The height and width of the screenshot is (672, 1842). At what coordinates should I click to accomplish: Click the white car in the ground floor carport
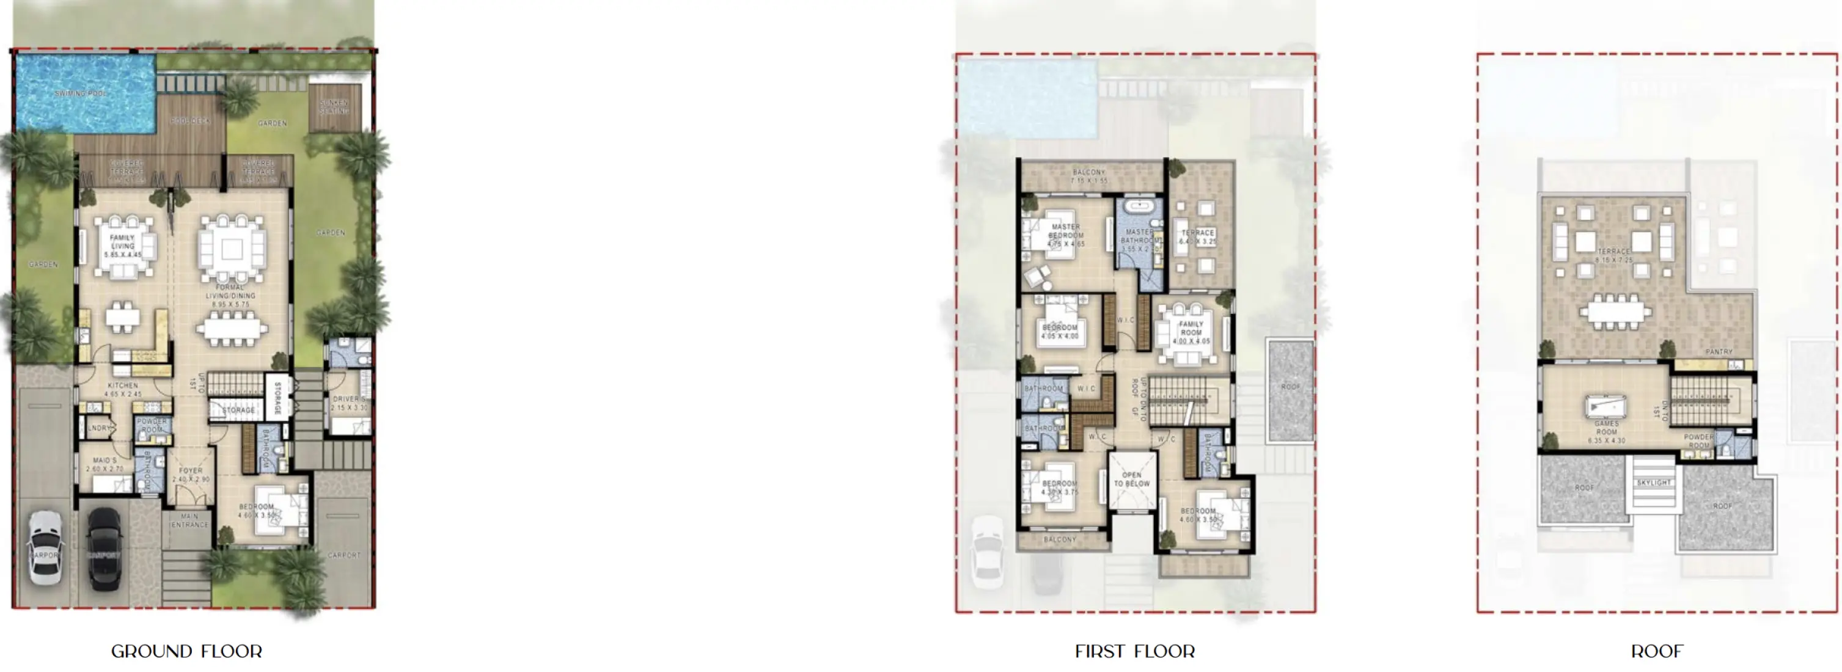[45, 547]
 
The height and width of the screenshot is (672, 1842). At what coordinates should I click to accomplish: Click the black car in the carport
[105, 547]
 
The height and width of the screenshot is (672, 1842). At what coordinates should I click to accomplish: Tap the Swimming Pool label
[80, 93]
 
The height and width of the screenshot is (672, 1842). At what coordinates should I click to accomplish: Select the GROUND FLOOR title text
[186, 651]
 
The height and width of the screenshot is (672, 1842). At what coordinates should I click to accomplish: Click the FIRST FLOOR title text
[1135, 651]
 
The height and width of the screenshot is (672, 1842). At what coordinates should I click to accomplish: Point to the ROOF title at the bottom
[1657, 651]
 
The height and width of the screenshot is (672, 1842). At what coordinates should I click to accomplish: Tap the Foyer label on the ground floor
[190, 475]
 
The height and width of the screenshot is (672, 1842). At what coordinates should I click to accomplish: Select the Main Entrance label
[189, 520]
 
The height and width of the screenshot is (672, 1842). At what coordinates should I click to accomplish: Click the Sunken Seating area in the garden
[334, 108]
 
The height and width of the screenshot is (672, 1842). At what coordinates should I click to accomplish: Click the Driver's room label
[349, 403]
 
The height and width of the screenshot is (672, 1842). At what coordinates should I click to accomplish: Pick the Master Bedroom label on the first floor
[1065, 235]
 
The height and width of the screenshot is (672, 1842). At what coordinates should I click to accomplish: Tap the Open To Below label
[1131, 479]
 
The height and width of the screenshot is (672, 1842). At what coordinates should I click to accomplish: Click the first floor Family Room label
[1191, 332]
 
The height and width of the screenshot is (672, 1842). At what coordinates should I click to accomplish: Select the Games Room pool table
[1605, 407]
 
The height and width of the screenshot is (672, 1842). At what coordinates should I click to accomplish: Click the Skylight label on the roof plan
[1654, 483]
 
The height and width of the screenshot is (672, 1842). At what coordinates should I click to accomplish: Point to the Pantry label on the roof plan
[1719, 352]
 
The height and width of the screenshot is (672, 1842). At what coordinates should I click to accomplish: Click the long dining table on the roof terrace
[1615, 312]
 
